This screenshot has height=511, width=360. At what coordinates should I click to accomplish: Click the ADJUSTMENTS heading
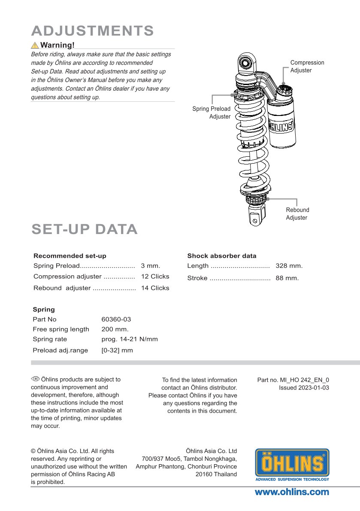tap(93, 31)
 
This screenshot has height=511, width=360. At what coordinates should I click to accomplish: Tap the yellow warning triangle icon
tap(34, 45)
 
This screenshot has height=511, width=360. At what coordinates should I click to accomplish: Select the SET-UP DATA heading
tap(85, 229)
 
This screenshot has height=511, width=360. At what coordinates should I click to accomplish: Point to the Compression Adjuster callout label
tap(307, 66)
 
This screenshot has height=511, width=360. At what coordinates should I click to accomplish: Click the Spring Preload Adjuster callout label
tap(211, 113)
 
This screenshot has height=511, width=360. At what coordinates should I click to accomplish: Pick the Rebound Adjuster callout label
tap(297, 213)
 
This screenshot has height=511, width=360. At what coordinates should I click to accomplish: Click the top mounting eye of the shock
tap(246, 62)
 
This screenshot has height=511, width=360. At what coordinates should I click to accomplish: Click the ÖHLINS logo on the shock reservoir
tap(281, 126)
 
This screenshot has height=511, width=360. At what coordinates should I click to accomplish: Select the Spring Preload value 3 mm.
tap(150, 266)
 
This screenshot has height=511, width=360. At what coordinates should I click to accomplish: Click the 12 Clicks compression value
tap(155, 277)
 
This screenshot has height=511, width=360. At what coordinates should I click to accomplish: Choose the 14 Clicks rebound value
tap(155, 288)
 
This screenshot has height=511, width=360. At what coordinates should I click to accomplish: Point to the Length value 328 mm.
tap(289, 266)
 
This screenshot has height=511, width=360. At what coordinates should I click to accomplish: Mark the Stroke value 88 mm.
tap(287, 278)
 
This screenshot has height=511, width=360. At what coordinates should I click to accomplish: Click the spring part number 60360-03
tap(116, 319)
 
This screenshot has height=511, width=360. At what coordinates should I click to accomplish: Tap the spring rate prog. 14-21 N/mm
tap(130, 339)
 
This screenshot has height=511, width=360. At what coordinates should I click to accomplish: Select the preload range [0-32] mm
tap(117, 350)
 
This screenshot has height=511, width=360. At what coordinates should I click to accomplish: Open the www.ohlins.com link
tap(292, 492)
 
